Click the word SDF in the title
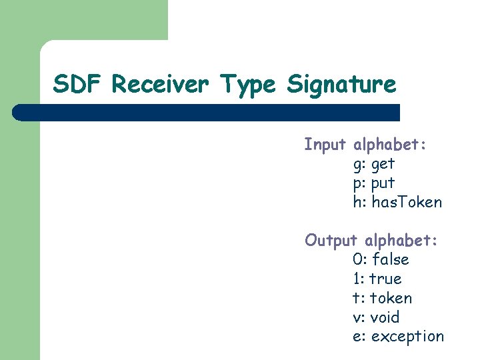[x=79, y=85]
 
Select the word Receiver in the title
[x=160, y=85]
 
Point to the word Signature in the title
[x=341, y=85]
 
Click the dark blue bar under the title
[x=207, y=112]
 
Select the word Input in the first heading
[x=325, y=145]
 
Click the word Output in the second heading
[x=331, y=240]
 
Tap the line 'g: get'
[x=373, y=164]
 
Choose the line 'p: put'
[x=373, y=183]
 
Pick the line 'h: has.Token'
[x=397, y=202]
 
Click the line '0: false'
[x=381, y=259]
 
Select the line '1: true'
[x=377, y=279]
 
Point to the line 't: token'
[x=382, y=298]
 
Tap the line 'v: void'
[x=375, y=317]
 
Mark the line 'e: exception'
[x=398, y=337]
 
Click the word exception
[x=407, y=337]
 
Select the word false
[x=390, y=259]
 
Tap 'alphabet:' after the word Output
[x=401, y=240]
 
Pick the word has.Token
[x=407, y=202]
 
